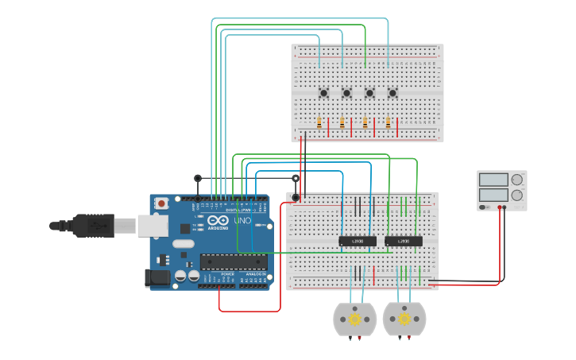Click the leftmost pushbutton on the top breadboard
click(323, 93)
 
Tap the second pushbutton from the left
click(346, 93)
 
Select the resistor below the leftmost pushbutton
click(319, 123)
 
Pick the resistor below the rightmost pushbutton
click(388, 123)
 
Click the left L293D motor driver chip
click(358, 241)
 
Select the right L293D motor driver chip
click(404, 241)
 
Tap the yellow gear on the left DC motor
click(355, 319)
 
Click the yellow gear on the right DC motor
click(404, 319)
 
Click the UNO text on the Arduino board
click(242, 220)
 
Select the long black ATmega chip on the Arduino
click(234, 261)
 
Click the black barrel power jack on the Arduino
click(157, 277)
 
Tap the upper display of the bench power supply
click(493, 180)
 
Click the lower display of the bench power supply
click(493, 194)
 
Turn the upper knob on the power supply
click(517, 180)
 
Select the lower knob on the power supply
click(517, 195)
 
